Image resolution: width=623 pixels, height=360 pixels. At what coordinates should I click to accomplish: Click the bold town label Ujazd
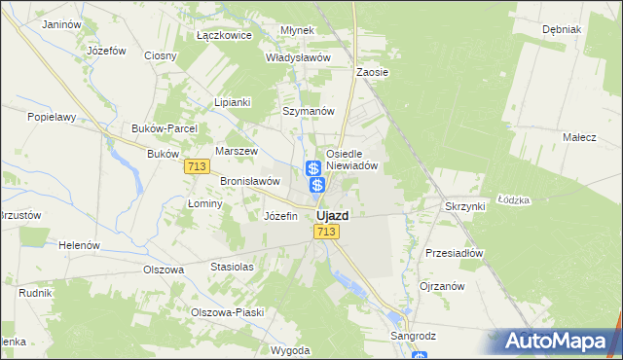coord(333,215)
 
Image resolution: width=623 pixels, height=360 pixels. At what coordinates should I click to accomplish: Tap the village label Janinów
coord(61,22)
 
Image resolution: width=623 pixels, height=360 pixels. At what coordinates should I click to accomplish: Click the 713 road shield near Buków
coord(196,167)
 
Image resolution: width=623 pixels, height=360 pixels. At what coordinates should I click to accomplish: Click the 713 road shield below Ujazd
coord(326,232)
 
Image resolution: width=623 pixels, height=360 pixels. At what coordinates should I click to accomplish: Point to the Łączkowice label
coord(224,35)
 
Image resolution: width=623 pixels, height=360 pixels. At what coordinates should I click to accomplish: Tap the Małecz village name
coord(579,138)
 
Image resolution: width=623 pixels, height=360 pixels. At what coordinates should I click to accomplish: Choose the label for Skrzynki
coord(464,206)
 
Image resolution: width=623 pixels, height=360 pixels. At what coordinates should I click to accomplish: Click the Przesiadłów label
coord(455,253)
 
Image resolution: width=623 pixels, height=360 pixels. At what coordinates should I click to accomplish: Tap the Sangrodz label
coord(414,336)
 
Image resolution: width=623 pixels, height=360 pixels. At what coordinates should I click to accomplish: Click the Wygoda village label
coord(291,350)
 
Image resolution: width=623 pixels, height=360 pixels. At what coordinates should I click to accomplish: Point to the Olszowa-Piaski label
coord(227,312)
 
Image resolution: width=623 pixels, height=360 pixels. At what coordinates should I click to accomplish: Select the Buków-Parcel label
coord(165,128)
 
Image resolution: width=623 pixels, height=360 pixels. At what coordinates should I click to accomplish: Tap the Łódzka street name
coord(513,199)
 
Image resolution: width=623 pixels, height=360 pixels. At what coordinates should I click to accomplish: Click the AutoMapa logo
coord(556,342)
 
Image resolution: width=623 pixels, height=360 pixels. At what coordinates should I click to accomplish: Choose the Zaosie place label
coord(372,72)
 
